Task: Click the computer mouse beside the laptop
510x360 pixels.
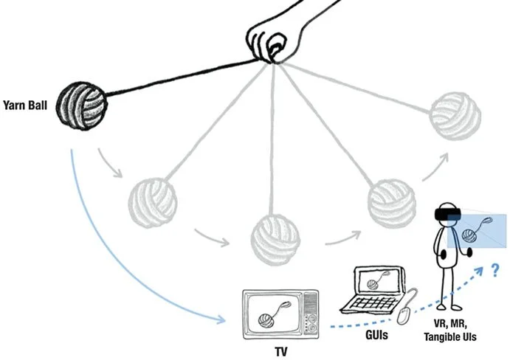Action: pyautogui.click(x=403, y=316)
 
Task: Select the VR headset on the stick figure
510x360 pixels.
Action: pyautogui.click(x=448, y=213)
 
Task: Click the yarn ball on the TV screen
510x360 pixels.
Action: pyautogui.click(x=265, y=319)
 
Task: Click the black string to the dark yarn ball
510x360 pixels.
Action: pyautogui.click(x=185, y=79)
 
